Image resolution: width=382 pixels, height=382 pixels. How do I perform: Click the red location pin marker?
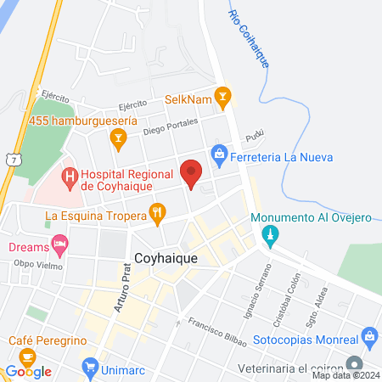point(192,173)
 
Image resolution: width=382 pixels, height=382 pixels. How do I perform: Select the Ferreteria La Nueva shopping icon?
point(219,155)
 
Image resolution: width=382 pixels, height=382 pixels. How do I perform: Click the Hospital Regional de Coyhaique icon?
point(69,178)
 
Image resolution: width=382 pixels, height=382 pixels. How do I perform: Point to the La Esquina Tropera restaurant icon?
point(157,214)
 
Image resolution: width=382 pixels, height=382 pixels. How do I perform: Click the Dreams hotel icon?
point(59,246)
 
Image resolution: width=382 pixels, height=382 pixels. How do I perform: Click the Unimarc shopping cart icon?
point(90,367)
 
